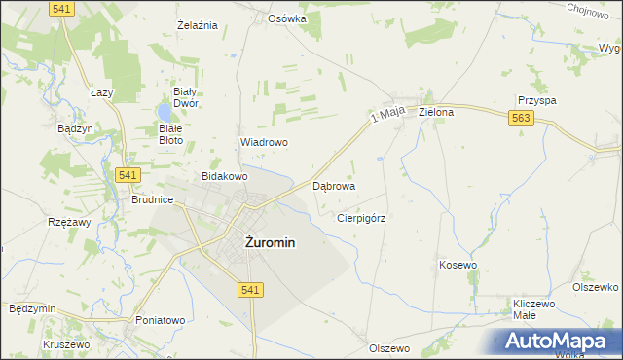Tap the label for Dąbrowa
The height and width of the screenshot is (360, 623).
333,185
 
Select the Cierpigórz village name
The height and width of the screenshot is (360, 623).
360,218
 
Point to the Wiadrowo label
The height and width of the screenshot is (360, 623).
264,142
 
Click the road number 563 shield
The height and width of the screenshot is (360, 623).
520,118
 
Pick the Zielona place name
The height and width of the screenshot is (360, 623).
436,112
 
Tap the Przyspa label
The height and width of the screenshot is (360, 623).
536,100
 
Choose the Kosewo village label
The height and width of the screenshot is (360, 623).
458,265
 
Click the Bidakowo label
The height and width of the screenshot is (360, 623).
224,177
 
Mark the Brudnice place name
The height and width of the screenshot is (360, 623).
152,199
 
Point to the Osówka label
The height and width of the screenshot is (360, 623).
287,18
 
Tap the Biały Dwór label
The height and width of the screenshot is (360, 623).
186,96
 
